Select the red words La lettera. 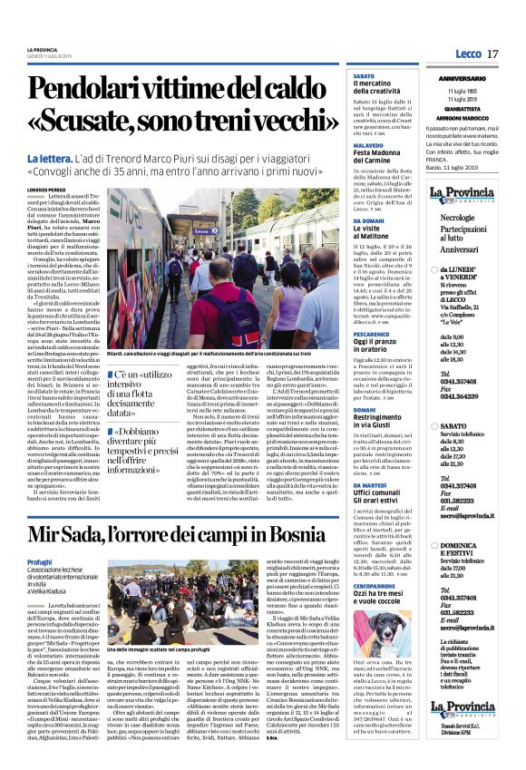(54, 161)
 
